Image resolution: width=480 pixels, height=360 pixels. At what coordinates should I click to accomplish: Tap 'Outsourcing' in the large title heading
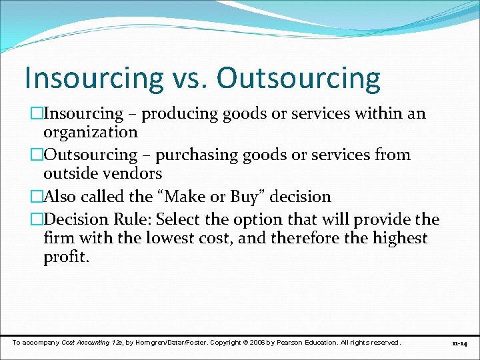click(x=299, y=79)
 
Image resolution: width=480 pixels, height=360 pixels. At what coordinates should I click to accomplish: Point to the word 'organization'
click(x=90, y=132)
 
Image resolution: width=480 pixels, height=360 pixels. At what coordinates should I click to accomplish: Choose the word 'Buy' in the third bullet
click(x=244, y=197)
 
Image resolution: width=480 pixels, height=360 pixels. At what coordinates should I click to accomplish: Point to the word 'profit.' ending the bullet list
click(x=65, y=256)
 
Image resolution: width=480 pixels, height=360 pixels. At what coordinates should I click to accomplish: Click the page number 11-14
click(x=459, y=343)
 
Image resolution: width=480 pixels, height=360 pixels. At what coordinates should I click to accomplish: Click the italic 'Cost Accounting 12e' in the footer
click(x=91, y=342)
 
